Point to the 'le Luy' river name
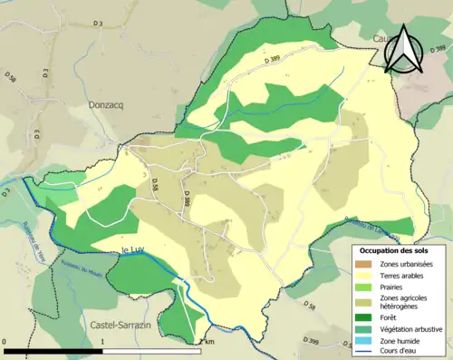(x=133, y=249)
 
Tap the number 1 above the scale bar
(x=102, y=342)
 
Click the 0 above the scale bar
(x=6, y=342)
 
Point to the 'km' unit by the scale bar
(x=209, y=342)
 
